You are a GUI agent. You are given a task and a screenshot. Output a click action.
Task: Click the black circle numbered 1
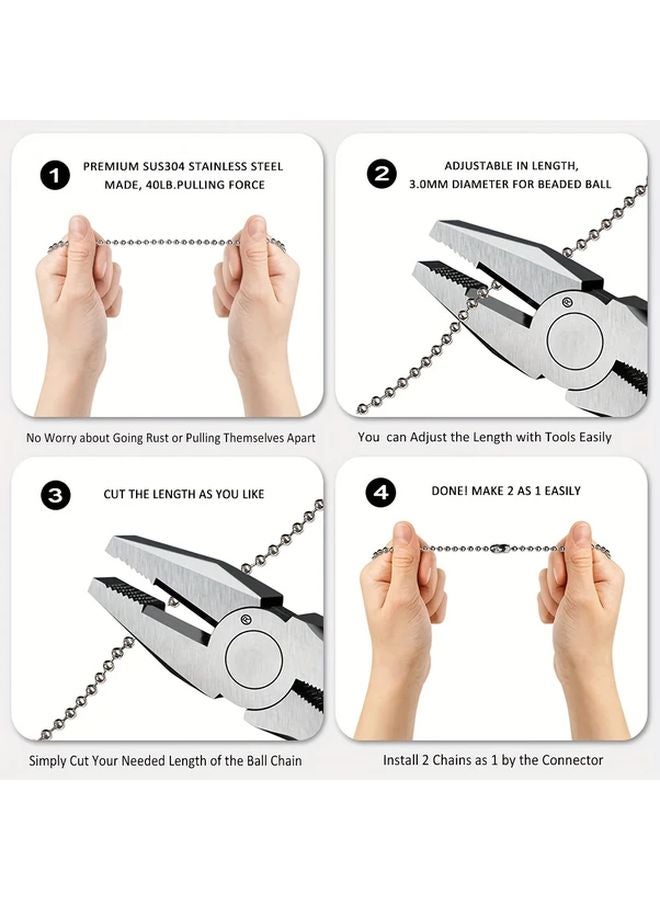55,176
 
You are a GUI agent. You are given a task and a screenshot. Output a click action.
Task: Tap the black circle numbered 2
381,174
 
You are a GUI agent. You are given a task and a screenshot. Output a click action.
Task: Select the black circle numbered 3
55,495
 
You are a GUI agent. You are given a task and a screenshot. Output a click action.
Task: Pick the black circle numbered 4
381,492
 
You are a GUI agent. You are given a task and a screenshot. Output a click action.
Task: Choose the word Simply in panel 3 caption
49,760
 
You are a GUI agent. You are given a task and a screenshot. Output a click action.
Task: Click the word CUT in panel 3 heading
115,494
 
